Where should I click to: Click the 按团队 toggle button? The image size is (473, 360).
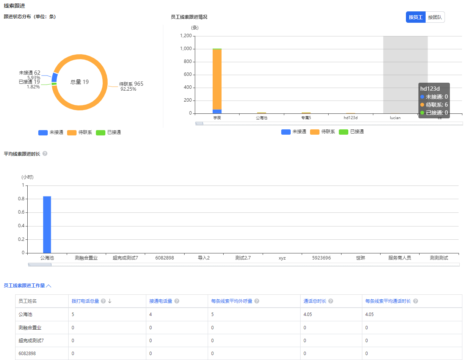coord(435,17)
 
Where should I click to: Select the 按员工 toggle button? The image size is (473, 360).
coord(415,17)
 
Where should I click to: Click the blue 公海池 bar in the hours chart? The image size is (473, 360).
coord(47,224)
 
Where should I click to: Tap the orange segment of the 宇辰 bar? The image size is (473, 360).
coord(217,79)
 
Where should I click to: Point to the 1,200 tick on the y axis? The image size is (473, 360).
coord(185,36)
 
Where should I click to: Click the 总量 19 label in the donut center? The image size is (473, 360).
coord(80,82)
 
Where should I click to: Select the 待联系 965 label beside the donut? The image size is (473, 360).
coord(131,84)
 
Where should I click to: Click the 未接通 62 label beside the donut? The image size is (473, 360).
coord(30,73)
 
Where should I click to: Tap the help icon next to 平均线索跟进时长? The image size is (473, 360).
coord(45,154)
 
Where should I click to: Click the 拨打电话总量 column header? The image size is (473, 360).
coord(85,301)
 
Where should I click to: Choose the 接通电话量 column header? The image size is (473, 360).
coord(161,301)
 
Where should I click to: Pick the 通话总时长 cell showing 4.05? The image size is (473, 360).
coord(307,314)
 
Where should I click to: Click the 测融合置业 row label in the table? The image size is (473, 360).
coord(30,327)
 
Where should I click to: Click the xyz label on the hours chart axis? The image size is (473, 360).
coord(282,258)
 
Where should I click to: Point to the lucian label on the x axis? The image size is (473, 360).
coord(395,118)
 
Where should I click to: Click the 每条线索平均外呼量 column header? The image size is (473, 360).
coord(232,301)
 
